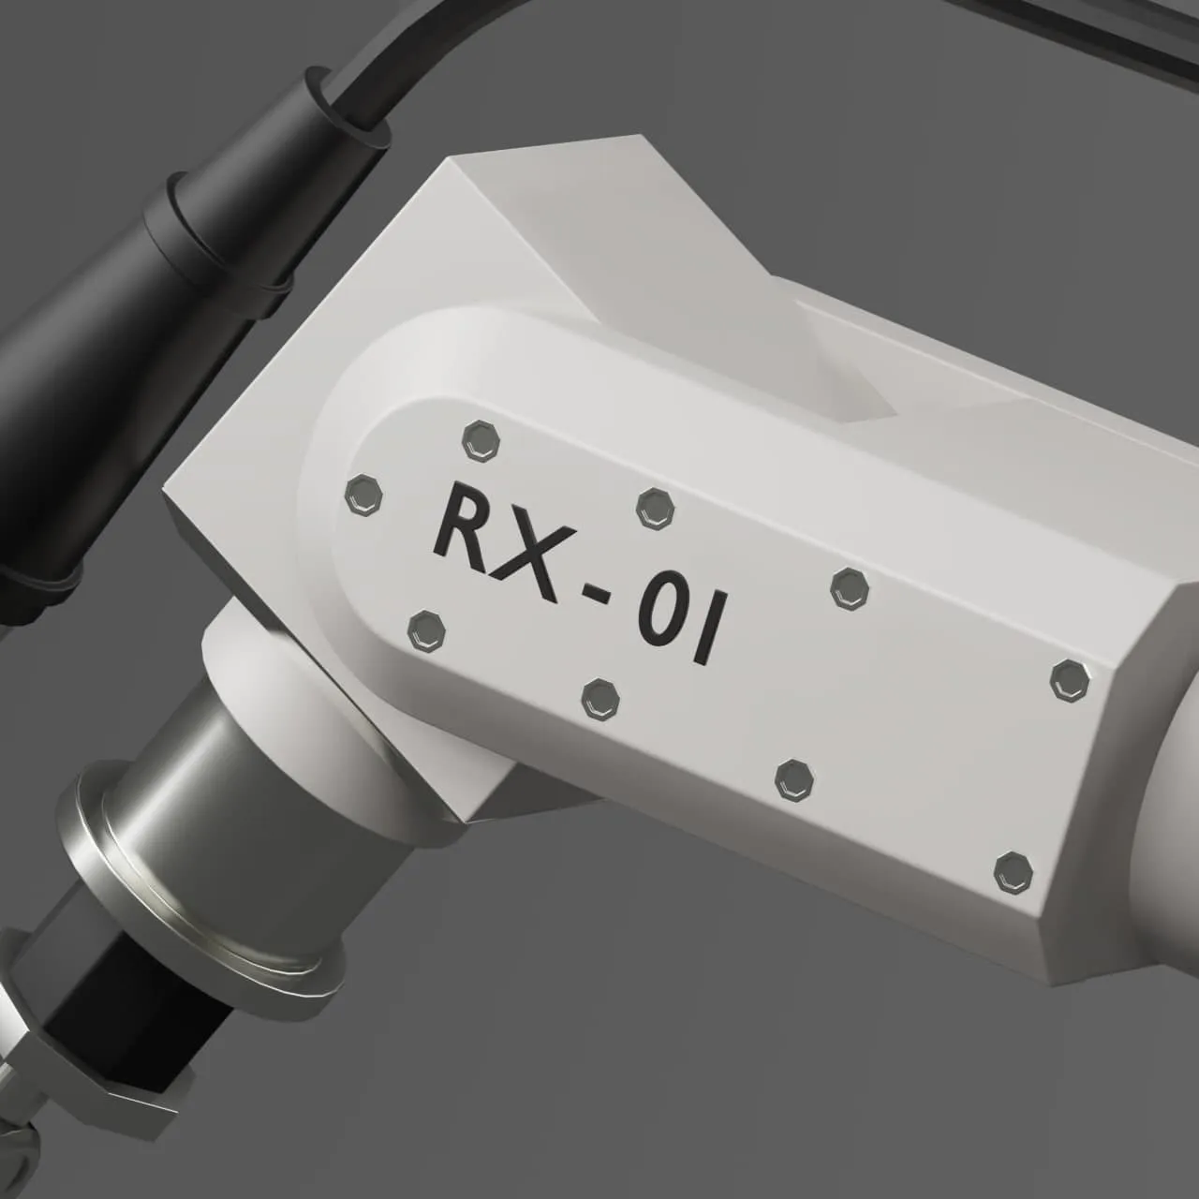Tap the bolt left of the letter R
pos(363,495)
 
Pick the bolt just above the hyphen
pos(655,508)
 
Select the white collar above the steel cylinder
pos(272,646)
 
